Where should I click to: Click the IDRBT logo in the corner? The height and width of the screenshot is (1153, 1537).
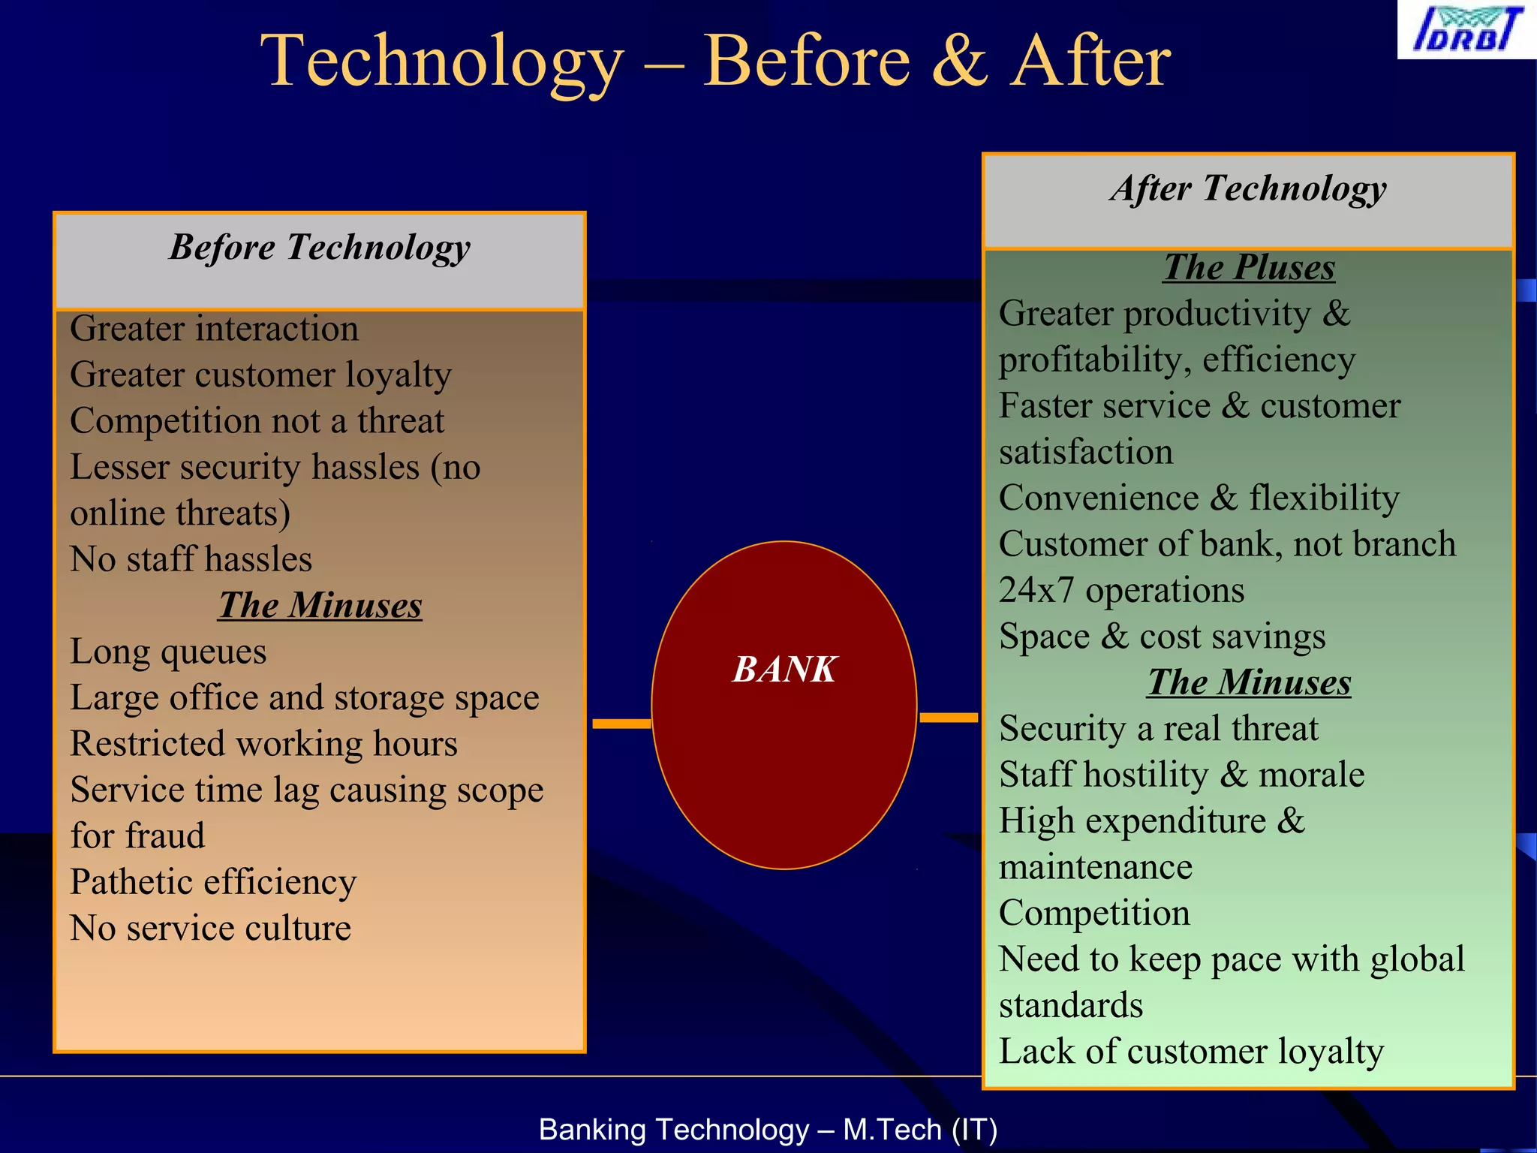pyautogui.click(x=1466, y=29)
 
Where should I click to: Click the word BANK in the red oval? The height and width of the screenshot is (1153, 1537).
pyautogui.click(x=784, y=669)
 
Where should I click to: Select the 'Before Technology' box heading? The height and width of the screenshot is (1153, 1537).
pyautogui.click(x=320, y=247)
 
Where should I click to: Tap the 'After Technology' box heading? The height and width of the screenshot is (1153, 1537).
pyautogui.click(x=1248, y=188)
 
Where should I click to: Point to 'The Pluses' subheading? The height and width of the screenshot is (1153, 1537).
pyautogui.click(x=1249, y=268)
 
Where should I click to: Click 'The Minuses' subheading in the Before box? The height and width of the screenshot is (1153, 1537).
pyautogui.click(x=320, y=606)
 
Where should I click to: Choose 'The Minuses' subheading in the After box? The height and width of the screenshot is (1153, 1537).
pyautogui.click(x=1249, y=683)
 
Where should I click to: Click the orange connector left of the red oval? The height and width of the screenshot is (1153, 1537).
pyautogui.click(x=621, y=724)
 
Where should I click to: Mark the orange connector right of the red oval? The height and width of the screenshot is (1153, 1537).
pyautogui.click(x=949, y=718)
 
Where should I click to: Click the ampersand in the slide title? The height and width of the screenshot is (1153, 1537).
pyautogui.click(x=959, y=62)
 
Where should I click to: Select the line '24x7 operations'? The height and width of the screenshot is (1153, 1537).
pyautogui.click(x=1121, y=591)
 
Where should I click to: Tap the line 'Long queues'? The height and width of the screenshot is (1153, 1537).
pyautogui.click(x=168, y=652)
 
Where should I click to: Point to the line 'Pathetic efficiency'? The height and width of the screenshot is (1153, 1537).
pyautogui.click(x=213, y=882)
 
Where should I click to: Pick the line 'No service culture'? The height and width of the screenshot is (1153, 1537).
pyautogui.click(x=210, y=929)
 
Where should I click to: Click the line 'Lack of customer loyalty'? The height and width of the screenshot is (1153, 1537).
pyautogui.click(x=1191, y=1052)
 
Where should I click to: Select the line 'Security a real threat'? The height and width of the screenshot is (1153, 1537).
pyautogui.click(x=1158, y=729)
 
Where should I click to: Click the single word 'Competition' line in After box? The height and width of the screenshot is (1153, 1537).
pyautogui.click(x=1094, y=914)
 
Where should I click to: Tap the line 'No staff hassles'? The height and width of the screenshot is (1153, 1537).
pyautogui.click(x=191, y=559)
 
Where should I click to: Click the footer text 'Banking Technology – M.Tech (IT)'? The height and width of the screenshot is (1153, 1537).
pyautogui.click(x=768, y=1130)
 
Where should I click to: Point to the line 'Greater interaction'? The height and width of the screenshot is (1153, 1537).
pyautogui.click(x=214, y=329)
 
